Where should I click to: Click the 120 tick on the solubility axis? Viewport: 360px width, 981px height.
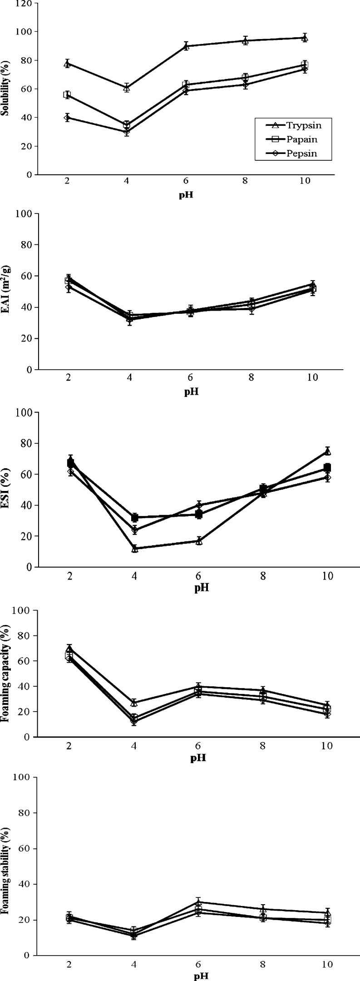(x=26, y=4)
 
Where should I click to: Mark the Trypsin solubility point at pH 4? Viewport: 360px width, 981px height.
(x=127, y=88)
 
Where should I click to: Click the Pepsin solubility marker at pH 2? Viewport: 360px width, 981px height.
(x=67, y=118)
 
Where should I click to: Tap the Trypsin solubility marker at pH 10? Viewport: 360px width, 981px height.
(x=305, y=38)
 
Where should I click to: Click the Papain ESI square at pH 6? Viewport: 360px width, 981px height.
(x=199, y=514)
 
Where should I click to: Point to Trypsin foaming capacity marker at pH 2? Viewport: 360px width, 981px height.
(x=69, y=648)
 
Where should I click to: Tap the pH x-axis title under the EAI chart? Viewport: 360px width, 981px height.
(x=191, y=392)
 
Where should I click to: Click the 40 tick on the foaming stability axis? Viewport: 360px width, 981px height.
(x=27, y=884)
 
